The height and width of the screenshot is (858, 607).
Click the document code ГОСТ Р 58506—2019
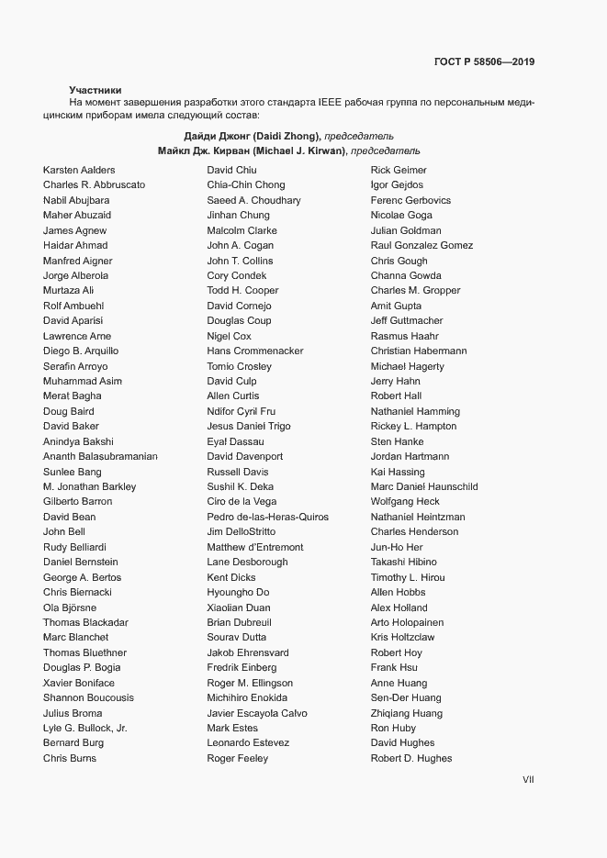coord(484,62)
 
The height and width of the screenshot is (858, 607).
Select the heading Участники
coord(95,90)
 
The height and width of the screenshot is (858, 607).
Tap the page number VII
coord(528,780)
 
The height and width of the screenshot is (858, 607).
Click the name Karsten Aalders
coord(79,170)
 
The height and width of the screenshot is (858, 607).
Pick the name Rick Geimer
coord(399,170)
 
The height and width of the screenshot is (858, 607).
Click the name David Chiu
coord(231,170)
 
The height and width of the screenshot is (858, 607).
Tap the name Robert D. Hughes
coord(410,758)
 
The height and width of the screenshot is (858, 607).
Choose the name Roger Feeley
coord(237,758)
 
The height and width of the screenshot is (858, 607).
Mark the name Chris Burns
coord(69,758)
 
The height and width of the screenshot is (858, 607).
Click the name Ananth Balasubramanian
coord(100,456)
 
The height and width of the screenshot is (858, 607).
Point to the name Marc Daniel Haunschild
coord(423,486)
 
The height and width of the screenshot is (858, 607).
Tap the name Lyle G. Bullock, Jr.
coord(85,728)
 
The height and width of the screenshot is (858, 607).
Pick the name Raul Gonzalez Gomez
coord(422,245)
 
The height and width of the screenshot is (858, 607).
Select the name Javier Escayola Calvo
coord(257,713)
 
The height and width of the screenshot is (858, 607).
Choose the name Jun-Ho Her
coord(397,547)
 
